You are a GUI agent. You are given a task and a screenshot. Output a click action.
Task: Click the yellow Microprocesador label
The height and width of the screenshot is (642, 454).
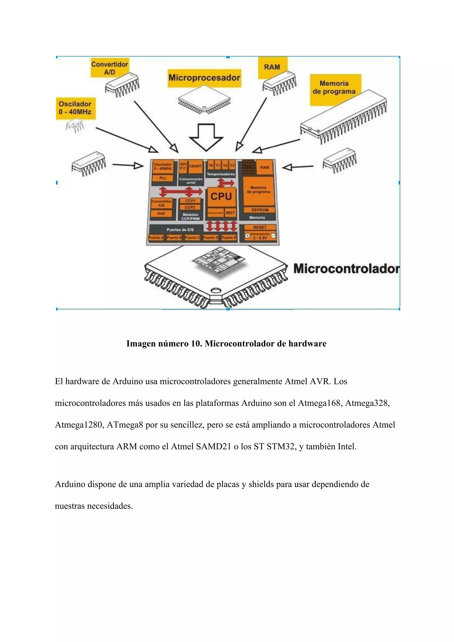pyautogui.click(x=204, y=78)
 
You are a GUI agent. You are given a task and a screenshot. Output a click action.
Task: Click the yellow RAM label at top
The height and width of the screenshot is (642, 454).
pyautogui.click(x=272, y=67)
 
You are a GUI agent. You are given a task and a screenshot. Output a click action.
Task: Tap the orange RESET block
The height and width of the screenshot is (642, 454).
pyautogui.click(x=260, y=227)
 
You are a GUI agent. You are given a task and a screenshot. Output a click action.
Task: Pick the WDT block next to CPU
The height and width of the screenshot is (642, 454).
pyautogui.click(x=230, y=213)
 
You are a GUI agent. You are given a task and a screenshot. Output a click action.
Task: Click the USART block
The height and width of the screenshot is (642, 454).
pyautogui.click(x=196, y=166)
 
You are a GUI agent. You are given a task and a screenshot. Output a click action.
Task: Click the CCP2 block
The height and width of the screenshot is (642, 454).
pyautogui.click(x=190, y=207)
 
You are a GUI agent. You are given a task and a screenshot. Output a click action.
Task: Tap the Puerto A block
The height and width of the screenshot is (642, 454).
pyautogui.click(x=156, y=238)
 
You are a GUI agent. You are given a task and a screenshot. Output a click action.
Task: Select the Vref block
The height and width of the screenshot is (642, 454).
pyautogui.click(x=161, y=214)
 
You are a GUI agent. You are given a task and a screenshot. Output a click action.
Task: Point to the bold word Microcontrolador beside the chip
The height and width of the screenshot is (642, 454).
pyautogui.click(x=346, y=269)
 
